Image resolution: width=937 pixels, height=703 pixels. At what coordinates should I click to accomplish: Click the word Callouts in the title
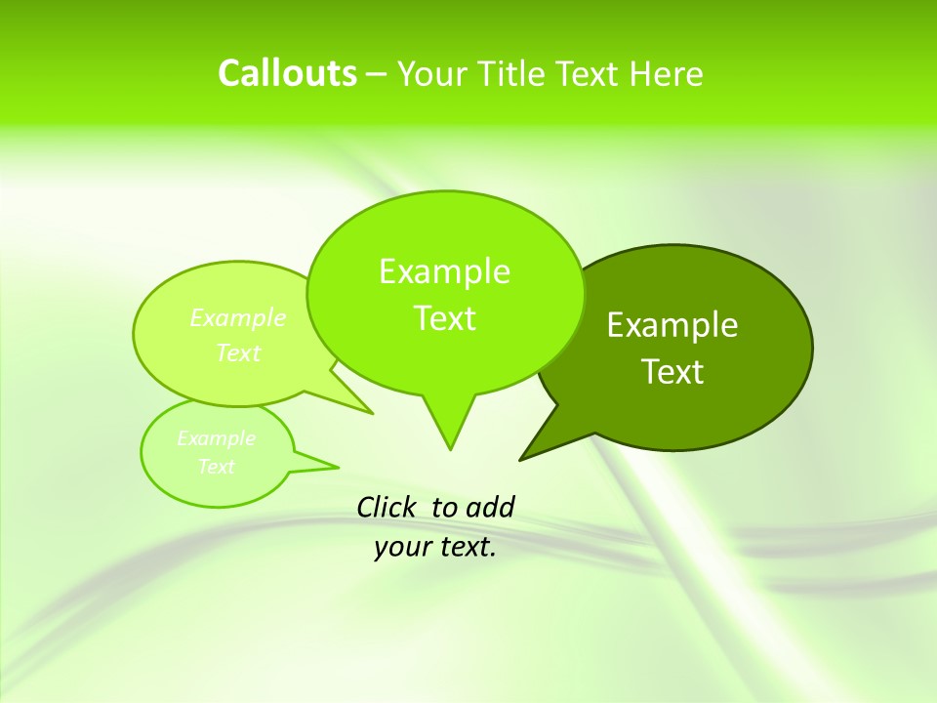287,73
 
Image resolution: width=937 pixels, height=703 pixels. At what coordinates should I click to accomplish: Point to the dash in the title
378,75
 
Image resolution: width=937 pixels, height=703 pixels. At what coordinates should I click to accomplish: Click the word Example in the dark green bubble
672,325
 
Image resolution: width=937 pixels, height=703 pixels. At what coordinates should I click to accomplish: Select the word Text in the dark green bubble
672,372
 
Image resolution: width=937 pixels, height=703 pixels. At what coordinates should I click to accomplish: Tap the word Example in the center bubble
444,271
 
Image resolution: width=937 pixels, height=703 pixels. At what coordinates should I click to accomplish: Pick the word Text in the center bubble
444,318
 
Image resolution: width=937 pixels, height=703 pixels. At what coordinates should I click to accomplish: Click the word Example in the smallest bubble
217,438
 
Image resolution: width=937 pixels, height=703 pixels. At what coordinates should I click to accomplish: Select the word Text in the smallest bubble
217,467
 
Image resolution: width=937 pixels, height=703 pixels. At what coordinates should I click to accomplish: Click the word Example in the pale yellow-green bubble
238,318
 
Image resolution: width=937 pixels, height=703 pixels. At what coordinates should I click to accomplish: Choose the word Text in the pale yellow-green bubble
238,352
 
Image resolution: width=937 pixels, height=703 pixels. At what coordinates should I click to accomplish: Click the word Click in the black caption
387,508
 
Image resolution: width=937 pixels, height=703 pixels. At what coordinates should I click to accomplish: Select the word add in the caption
489,508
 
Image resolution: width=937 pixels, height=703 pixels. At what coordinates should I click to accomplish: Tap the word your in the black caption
400,548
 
